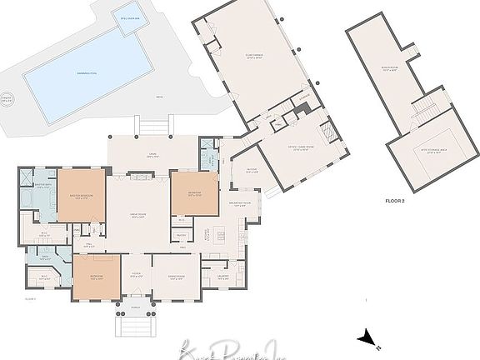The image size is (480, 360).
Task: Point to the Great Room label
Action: click(137, 217)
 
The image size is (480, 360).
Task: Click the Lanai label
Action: click(153, 155)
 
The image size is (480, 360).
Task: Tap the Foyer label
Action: click(135, 275)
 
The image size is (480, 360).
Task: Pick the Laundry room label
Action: click(223, 275)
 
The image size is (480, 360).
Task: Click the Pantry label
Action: click(180, 236)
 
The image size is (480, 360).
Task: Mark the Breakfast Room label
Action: click(243, 203)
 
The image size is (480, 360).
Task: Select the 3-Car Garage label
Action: click(252, 57)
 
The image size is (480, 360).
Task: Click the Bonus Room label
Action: click(389, 70)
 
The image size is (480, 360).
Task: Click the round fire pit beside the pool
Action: click(7, 100)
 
